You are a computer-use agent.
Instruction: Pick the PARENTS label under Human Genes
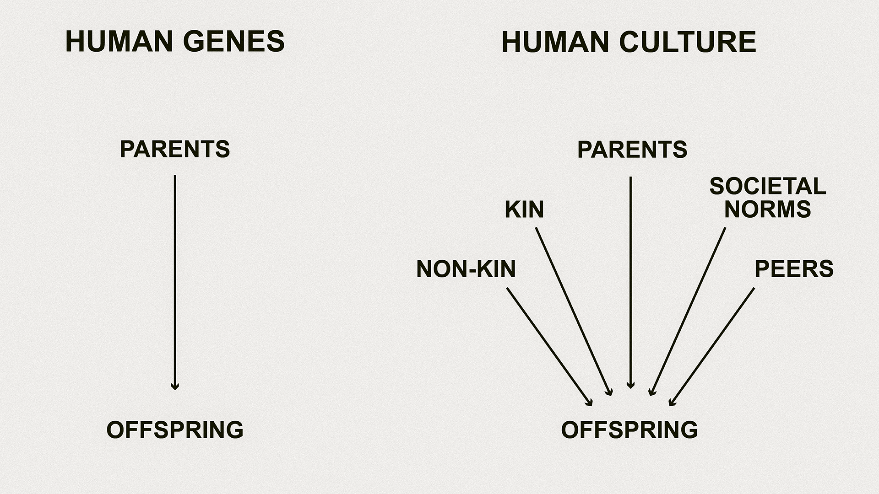pyautogui.click(x=175, y=150)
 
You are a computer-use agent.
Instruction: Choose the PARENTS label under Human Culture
pyautogui.click(x=632, y=150)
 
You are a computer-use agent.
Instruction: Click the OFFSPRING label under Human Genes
pyautogui.click(x=175, y=430)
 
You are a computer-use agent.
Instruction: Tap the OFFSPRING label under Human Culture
pyautogui.click(x=629, y=430)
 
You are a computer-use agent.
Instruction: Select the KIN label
pyautogui.click(x=524, y=209)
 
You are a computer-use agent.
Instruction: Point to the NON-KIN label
pyautogui.click(x=466, y=269)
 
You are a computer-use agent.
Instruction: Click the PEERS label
pyautogui.click(x=794, y=269)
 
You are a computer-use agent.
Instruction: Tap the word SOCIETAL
pyautogui.click(x=768, y=187)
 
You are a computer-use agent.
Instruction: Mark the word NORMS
pyautogui.click(x=768, y=209)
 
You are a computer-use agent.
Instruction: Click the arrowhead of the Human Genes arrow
pyautogui.click(x=175, y=387)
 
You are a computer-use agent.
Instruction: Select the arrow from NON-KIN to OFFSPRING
pyautogui.click(x=549, y=346)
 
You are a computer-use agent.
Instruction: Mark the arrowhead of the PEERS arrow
pyautogui.click(x=671, y=403)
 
